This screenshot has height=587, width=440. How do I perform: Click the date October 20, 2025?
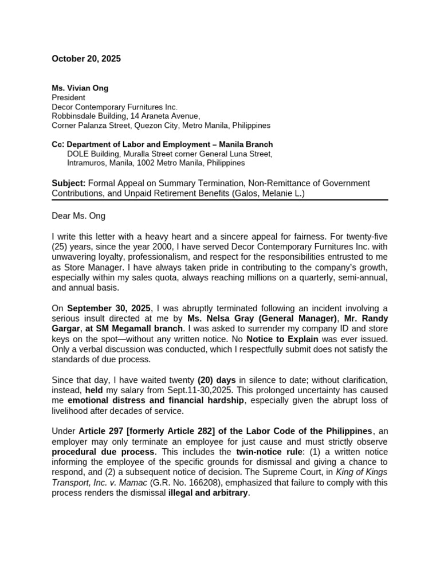click(x=86, y=58)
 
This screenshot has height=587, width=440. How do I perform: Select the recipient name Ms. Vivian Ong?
click(x=80, y=88)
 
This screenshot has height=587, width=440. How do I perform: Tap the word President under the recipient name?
click(x=69, y=97)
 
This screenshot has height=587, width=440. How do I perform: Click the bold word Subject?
click(x=69, y=183)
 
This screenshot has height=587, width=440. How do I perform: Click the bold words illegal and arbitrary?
click(x=209, y=492)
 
